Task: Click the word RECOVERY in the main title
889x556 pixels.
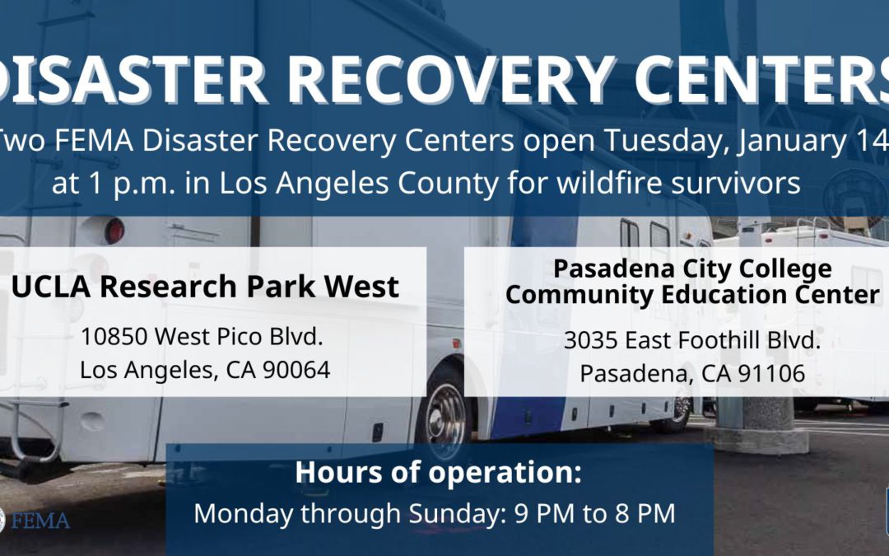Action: pos(451,79)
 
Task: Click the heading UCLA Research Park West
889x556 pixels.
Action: pos(205,286)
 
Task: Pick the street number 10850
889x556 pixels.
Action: pos(115,336)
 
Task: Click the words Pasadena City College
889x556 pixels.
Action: pos(692,269)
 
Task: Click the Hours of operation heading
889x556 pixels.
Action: pos(438,473)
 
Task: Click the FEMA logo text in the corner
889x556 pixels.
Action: pos(40,521)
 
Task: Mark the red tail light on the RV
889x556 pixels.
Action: pos(114,231)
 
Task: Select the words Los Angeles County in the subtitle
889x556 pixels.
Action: pos(359,184)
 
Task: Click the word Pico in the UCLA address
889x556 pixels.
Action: pos(242,336)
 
